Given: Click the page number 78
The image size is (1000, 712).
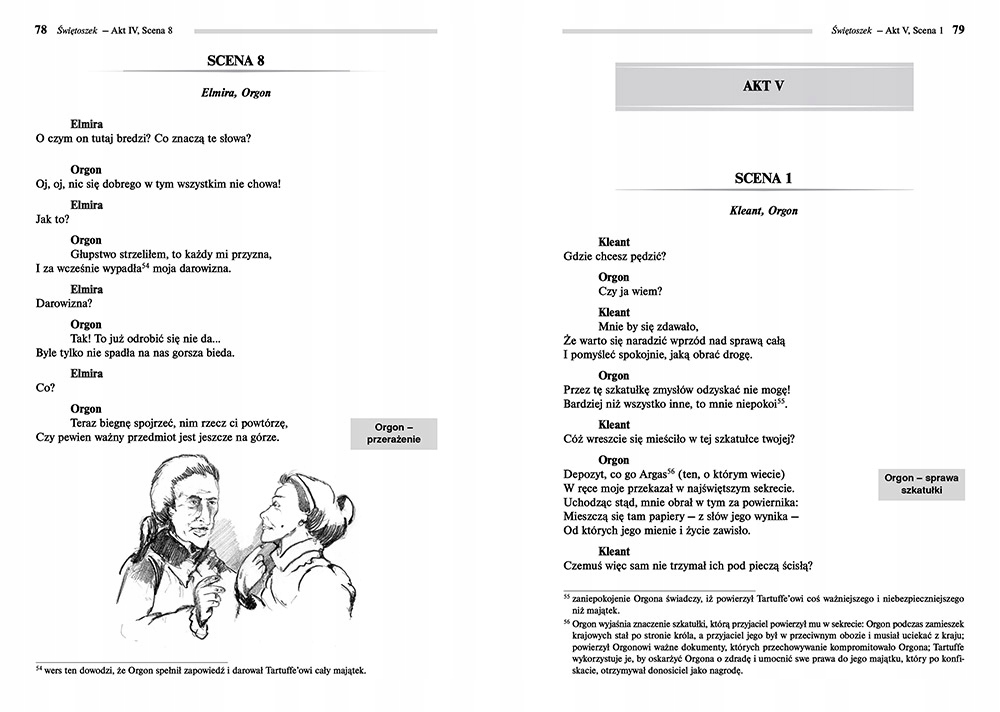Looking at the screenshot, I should tap(41, 31).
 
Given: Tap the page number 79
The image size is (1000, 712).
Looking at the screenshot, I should tap(957, 31).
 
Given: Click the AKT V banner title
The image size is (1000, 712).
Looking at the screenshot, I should tap(763, 86).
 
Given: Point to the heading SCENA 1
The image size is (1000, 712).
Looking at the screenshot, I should tap(763, 179).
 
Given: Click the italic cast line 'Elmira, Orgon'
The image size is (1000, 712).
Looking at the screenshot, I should tap(236, 94).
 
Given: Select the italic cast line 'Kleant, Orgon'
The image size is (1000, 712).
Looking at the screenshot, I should tap(764, 211).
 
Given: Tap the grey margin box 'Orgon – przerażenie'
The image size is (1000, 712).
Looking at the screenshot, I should tap(394, 434).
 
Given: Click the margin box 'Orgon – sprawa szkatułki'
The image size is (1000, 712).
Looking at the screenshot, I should tap(922, 485).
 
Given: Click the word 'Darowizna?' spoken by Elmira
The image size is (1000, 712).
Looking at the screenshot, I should tap(64, 303).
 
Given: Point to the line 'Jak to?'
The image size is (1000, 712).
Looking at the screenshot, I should tap(53, 219).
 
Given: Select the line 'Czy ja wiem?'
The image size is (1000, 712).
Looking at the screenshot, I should tap(630, 292).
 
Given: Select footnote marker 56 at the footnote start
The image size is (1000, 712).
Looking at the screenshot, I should tap(567, 620).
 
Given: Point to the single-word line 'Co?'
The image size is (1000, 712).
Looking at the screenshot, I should tap(44, 388).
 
